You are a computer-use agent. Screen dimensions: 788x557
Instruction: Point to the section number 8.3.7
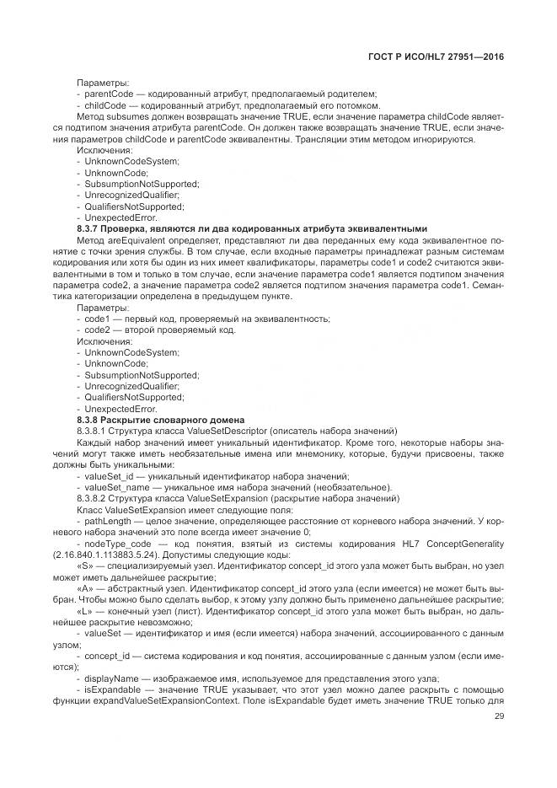[88, 229]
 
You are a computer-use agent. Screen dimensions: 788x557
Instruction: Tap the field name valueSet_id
[106, 476]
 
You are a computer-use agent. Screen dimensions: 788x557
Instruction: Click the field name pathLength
[104, 522]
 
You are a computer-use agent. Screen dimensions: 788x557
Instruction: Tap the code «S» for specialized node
[85, 567]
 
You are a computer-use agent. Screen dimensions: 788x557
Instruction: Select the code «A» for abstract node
[85, 590]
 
